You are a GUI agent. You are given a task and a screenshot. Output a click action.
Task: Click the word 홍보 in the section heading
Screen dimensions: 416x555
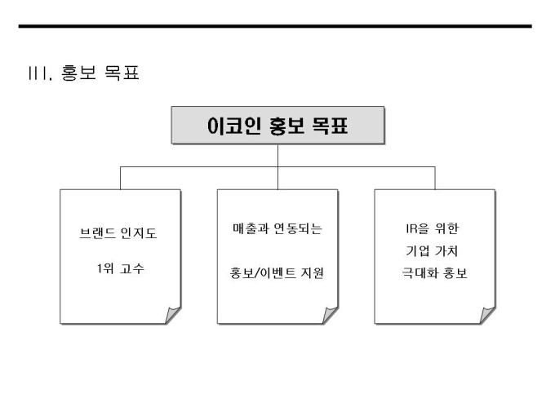click(79, 74)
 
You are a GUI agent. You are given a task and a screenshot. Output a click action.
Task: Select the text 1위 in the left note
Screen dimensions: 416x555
click(105, 268)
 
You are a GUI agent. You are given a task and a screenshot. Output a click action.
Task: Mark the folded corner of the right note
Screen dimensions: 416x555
click(486, 316)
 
